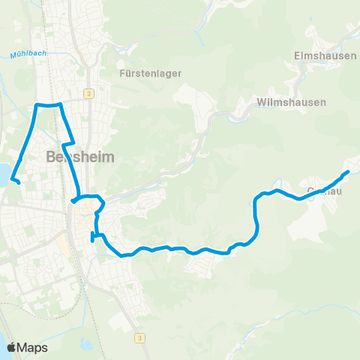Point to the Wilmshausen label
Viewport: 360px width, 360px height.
(291, 101)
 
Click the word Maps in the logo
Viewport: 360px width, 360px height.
(32, 347)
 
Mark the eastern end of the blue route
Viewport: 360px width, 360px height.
(348, 172)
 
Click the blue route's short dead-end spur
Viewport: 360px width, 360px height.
(92, 238)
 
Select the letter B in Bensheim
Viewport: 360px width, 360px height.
(51, 158)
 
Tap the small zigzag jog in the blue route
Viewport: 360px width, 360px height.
(68, 142)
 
